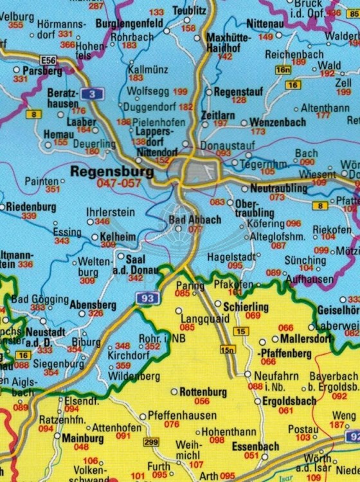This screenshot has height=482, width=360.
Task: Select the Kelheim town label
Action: pyautogui.click(x=118, y=237)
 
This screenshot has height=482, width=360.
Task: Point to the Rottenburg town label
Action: pyautogui.click(x=203, y=391)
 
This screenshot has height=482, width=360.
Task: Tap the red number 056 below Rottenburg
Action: pyautogui.click(x=202, y=401)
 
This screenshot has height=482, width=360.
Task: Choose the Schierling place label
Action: pyautogui.click(x=246, y=307)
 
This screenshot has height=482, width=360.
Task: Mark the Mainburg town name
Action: pyautogui.click(x=81, y=437)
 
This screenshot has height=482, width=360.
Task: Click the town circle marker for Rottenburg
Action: pyautogui.click(x=174, y=391)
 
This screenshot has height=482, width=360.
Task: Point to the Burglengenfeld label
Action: pyautogui.click(x=129, y=23)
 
